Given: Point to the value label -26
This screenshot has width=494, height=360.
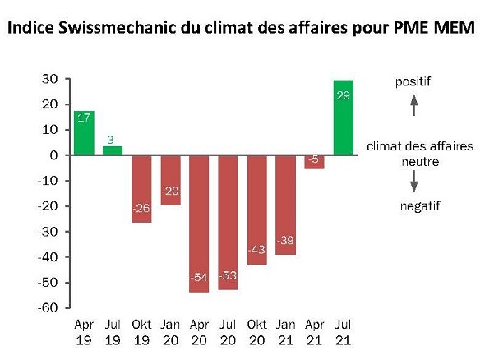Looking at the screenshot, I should click(142, 208).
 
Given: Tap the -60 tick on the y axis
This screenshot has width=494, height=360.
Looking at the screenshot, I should click(50, 308).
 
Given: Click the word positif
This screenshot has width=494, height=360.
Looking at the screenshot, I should click(413, 81).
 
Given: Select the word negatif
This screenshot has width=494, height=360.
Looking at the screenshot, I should click(413, 206).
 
